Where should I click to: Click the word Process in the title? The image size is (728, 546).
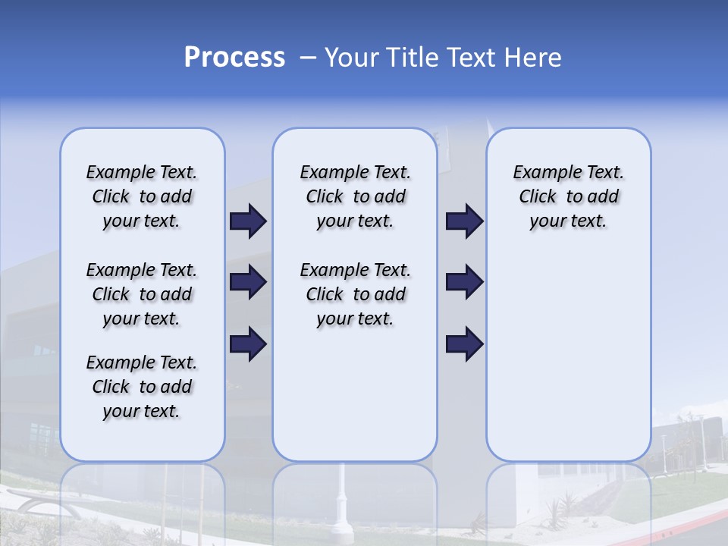coord(234,58)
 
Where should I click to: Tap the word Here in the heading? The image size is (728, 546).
coord(534,58)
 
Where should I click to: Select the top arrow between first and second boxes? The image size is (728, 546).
coord(248,221)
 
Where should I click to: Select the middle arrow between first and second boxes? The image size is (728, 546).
coord(248,282)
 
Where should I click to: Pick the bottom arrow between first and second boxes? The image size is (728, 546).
coord(248,344)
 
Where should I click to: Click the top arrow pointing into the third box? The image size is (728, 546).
coord(464,221)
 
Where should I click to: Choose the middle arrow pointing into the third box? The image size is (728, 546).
coord(464,282)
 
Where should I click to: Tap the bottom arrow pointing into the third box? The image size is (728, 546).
coord(464,344)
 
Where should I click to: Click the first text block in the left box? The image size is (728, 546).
coord(142,196)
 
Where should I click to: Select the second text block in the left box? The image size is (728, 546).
coord(142,294)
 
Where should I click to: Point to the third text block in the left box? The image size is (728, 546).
coord(142,387)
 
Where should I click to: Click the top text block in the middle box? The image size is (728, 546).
coord(355,196)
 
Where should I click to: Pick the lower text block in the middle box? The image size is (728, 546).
coord(355,294)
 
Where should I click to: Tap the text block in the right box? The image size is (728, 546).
coord(568,196)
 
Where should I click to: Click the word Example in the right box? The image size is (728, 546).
coord(541,173)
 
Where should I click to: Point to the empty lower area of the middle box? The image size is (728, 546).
coord(355,394)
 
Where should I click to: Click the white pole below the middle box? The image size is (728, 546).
coord(342,500)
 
